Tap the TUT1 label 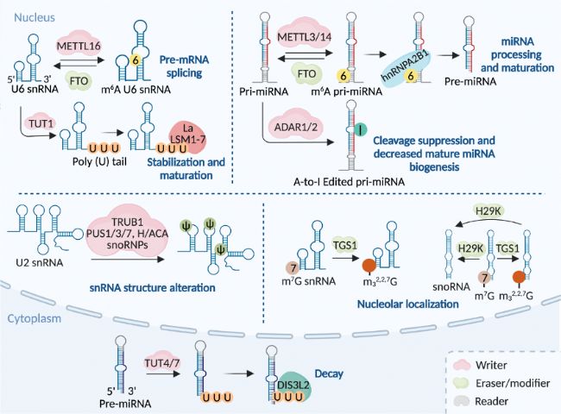point(42,124)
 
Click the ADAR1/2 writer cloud point(296,127)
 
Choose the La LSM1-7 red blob point(187,138)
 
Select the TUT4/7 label point(162,362)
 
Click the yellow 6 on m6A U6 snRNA point(136,60)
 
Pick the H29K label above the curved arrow point(488,211)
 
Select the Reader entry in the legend point(492,401)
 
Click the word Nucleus point(35,17)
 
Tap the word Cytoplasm point(35,318)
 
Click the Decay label point(329,374)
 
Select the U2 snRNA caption point(40,263)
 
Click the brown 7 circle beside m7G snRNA point(293,267)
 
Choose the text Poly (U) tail point(99,161)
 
